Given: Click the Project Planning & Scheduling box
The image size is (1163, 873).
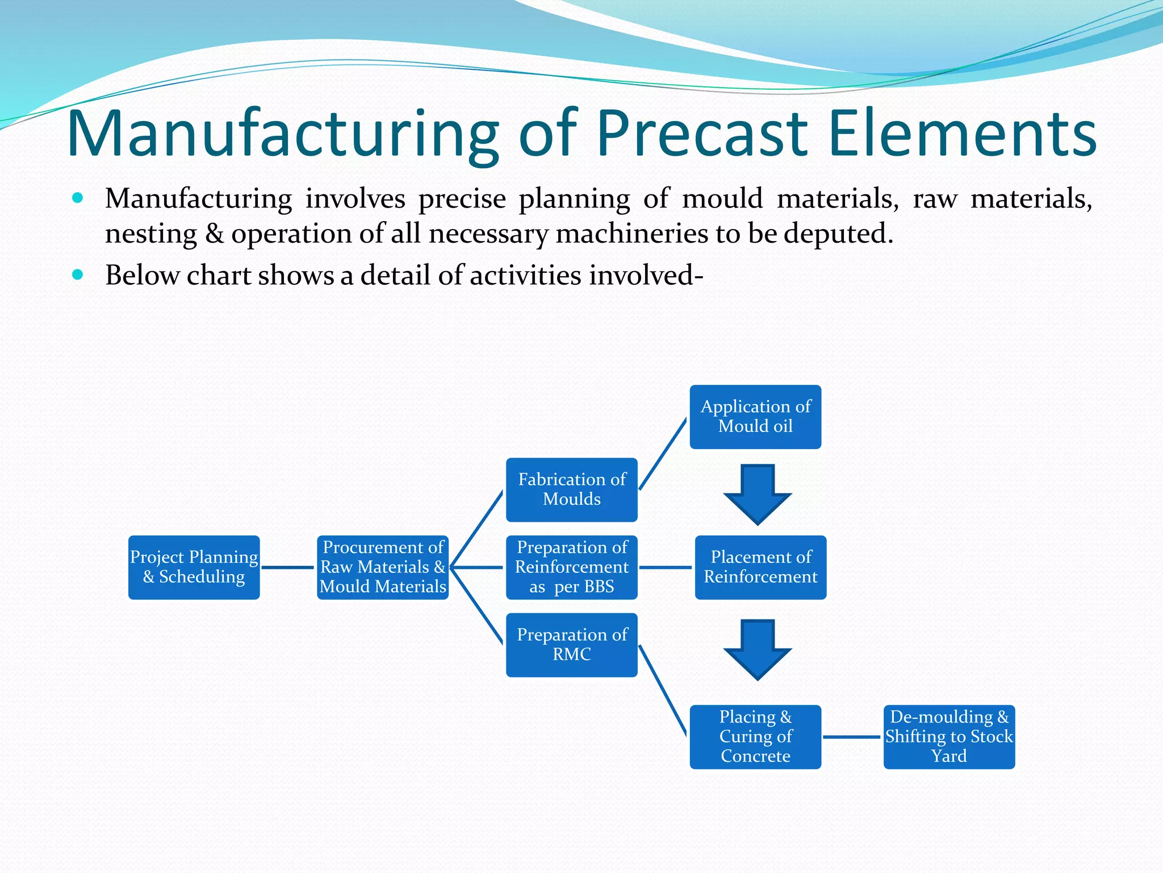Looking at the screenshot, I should point(194,567).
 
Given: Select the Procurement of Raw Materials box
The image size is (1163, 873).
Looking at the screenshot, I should point(382,567).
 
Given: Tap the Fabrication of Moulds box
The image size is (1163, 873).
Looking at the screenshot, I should point(571,489).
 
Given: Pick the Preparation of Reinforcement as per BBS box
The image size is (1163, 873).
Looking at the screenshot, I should point(571,567).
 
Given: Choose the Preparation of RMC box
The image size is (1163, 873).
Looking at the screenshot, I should point(571,645).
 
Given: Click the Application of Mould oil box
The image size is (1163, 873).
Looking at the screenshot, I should point(755,417).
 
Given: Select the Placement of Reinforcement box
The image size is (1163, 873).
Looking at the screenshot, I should point(760,567).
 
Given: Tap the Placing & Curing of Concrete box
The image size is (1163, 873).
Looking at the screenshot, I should point(755,737).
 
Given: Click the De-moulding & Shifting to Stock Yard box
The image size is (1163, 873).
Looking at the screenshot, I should point(949,737).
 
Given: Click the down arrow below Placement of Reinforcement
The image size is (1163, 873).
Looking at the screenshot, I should point(758,650).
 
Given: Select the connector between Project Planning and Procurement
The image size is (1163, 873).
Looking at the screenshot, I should point(288,567).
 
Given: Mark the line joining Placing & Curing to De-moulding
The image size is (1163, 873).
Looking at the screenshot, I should point(852,737).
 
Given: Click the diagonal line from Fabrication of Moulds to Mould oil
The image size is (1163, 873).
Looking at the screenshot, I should point(663,454).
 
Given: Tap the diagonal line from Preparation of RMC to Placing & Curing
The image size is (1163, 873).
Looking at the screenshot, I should point(663,691).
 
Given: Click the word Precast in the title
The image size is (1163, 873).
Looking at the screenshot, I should point(702,134).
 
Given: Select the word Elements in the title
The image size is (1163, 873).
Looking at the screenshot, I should point(962,134).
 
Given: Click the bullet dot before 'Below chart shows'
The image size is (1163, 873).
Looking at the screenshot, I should point(78,275).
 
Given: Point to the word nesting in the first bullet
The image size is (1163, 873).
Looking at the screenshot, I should point(151,234).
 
